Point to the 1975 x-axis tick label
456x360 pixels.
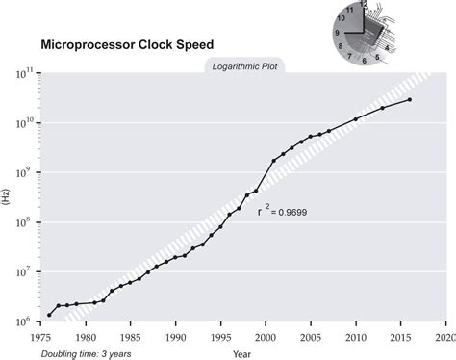[x=41, y=338]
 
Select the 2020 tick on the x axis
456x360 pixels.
[x=444, y=338]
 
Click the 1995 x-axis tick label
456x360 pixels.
[x=220, y=338]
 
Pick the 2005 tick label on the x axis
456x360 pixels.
[x=310, y=338]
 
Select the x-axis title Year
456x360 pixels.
[x=241, y=354]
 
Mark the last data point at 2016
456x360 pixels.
[x=410, y=100]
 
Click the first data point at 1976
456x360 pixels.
[x=50, y=315]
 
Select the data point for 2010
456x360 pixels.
[x=356, y=119]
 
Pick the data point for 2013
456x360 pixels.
[x=383, y=108]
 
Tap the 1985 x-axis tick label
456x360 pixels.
[x=131, y=338]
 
